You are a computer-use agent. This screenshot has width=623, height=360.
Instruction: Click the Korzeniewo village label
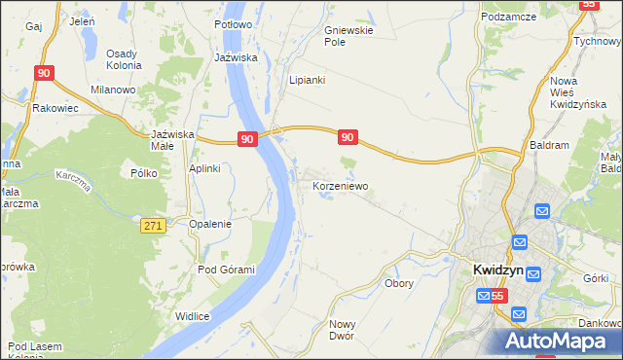tap(340, 183)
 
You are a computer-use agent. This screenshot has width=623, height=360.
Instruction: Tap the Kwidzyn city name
tap(496, 270)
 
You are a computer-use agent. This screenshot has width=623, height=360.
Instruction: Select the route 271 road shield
tap(152, 225)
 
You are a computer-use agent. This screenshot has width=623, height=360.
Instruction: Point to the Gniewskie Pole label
tap(348, 36)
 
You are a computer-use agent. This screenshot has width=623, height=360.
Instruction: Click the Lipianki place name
tap(306, 80)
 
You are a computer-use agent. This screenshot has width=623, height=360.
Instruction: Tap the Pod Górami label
tap(226, 270)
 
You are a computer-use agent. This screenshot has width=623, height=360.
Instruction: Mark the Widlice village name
tap(193, 315)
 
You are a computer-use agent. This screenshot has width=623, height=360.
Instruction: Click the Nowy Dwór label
tap(342, 329)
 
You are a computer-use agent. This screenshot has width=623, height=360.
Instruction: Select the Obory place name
tap(399, 284)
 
